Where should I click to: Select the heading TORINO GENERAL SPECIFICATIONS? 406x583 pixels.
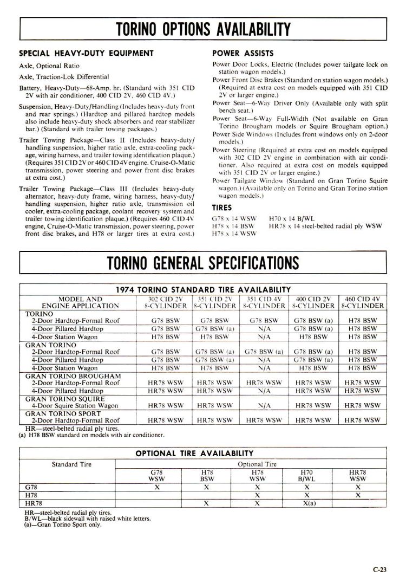pos(203,263)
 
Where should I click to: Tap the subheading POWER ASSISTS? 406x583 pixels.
pos(235,53)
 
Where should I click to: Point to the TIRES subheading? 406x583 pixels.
pos(221,206)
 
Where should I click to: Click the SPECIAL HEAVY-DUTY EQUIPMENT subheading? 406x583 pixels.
pos(87,53)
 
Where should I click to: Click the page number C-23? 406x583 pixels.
pos(379,569)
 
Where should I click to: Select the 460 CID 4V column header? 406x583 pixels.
pos(362,302)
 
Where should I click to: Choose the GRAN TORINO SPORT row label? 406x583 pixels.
pos(60,412)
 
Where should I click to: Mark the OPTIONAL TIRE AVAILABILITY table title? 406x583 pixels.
pos(193,453)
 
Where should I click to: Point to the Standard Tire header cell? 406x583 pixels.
pos(71,464)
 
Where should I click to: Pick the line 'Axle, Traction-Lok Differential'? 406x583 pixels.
pos(64,76)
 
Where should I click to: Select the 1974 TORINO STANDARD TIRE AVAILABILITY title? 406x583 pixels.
pos(204,289)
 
